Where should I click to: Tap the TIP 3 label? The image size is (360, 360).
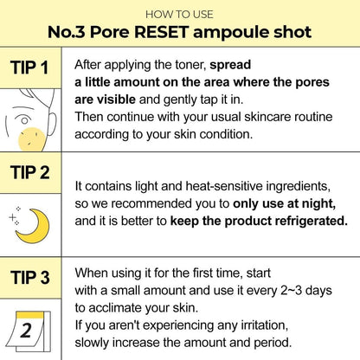[x=34, y=277]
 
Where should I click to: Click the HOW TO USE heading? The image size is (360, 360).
[x=179, y=15]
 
